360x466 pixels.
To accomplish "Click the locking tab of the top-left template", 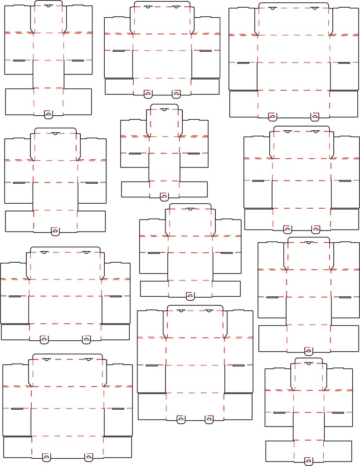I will (x=48, y=114).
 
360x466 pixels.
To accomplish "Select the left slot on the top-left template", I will (x=19, y=60).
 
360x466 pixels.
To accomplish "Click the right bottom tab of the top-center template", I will (x=176, y=94).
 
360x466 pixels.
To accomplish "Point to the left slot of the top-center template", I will (x=118, y=51).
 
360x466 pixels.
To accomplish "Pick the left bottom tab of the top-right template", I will (x=272, y=117).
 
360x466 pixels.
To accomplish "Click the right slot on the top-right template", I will (x=344, y=63).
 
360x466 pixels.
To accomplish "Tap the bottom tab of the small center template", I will (x=164, y=197).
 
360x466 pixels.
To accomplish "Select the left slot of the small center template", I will (x=135, y=153).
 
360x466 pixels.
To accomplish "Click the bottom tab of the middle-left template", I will (x=55, y=231).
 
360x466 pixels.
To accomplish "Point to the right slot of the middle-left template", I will (x=92, y=183).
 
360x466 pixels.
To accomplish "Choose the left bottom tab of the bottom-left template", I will (x=46, y=456).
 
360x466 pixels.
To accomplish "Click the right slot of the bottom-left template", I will (x=118, y=409).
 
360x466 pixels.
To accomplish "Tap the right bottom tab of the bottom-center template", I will (x=209, y=419).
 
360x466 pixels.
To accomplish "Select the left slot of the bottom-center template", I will (x=151, y=365).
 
